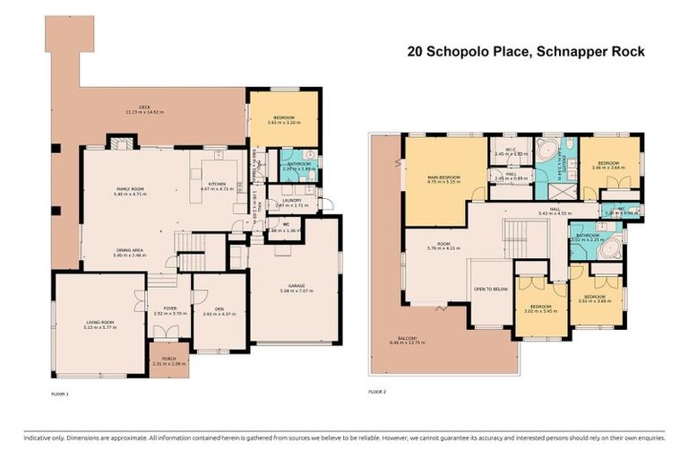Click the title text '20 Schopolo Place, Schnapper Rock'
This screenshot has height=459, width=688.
tap(525, 52)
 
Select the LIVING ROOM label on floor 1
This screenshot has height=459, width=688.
tap(99, 320)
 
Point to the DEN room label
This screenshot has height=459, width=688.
tap(219, 310)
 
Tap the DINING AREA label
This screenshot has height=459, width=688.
tap(130, 250)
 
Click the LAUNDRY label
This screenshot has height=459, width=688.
tap(290, 200)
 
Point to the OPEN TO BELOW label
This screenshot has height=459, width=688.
tap(487, 290)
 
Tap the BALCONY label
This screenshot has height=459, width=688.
tap(408, 338)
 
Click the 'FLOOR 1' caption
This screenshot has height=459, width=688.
tap(61, 392)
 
